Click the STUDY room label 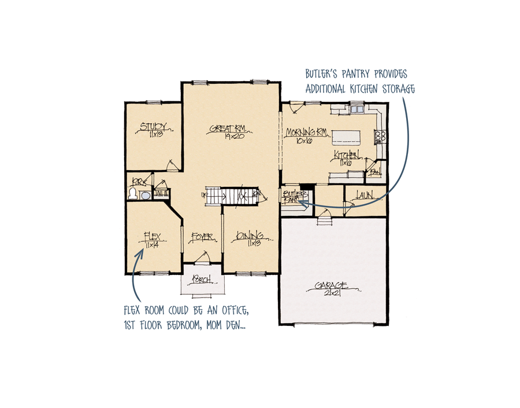[154, 126]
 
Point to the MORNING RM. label [307, 131]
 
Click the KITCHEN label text [347, 155]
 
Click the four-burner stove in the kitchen [381, 137]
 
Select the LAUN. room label [365, 196]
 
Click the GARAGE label [331, 285]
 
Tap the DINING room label [250, 236]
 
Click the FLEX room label [152, 236]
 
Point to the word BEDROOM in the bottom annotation [183, 327]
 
